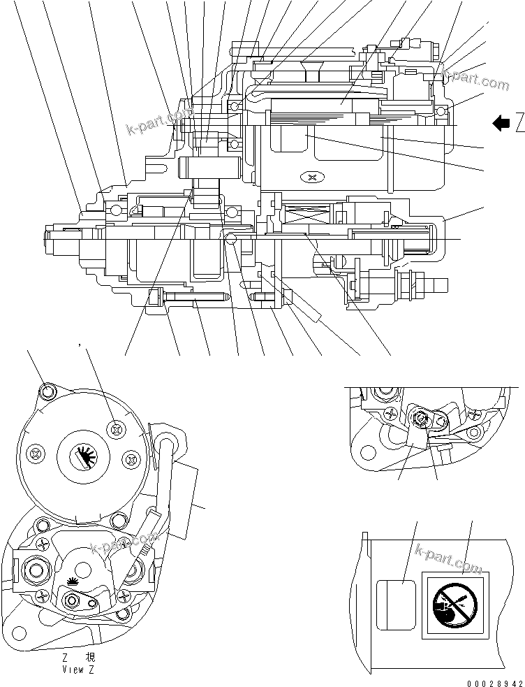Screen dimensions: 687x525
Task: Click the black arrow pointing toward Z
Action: click(501, 124)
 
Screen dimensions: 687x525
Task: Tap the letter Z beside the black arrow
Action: click(520, 124)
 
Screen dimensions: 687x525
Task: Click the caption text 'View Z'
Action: click(77, 669)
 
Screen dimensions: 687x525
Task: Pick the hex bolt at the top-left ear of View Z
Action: click(47, 389)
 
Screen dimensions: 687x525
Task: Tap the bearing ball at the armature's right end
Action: click(441, 112)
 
